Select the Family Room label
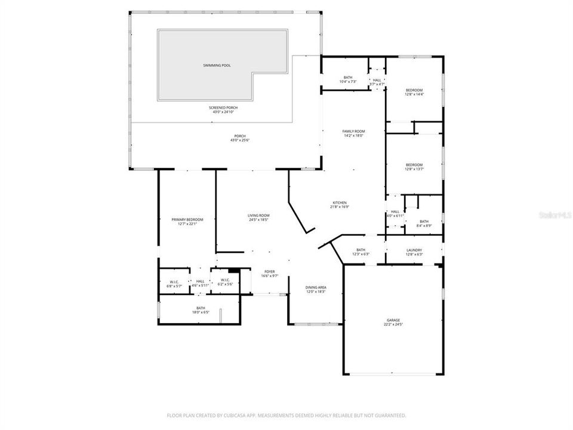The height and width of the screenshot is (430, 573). point(353,131)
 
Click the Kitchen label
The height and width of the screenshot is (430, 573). point(339,203)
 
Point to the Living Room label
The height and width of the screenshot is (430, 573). point(258,216)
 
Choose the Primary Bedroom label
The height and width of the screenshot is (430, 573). point(183,220)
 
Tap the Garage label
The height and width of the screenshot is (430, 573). point(393,321)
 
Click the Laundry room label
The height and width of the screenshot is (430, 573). point(414,250)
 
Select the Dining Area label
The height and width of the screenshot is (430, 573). point(316,287)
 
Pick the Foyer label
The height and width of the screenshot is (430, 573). point(269,272)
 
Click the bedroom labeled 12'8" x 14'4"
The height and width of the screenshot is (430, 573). point(414,90)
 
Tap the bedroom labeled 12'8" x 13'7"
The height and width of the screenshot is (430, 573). point(414,165)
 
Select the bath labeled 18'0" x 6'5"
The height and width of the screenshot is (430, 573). point(201,308)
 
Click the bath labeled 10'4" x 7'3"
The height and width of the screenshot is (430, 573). point(347,78)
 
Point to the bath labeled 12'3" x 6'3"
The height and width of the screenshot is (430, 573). point(361,250)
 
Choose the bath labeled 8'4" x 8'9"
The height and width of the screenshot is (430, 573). point(424,222)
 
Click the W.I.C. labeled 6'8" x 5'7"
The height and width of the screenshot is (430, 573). point(174,281)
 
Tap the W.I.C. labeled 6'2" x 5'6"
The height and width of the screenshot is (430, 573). point(226,280)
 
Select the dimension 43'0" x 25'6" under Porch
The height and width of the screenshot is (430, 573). point(239,140)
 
